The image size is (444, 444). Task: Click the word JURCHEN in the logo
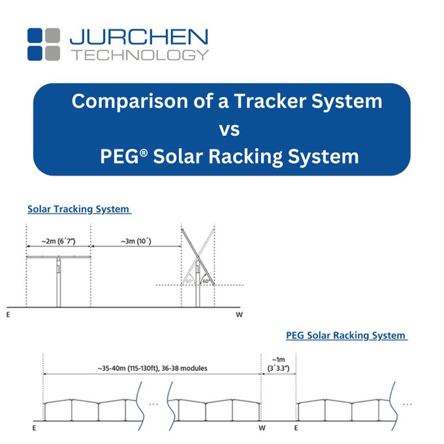coord(138,37)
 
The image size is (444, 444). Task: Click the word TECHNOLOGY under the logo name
coord(140,55)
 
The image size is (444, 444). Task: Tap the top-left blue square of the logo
coord(35,35)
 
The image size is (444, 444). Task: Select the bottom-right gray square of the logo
coord(52,54)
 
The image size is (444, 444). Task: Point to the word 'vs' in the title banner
coord(229,130)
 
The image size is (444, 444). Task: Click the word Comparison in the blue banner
coord(130,101)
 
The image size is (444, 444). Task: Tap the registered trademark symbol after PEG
coord(144,153)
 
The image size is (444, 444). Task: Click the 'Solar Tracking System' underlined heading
coord(79,209)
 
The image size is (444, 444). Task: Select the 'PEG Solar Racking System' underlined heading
coord(347,336)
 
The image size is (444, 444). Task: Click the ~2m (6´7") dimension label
coord(58,241)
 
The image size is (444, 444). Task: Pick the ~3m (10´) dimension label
coord(136,241)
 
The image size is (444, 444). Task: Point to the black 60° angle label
coord(206,281)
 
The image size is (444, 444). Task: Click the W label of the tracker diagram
coord(239,315)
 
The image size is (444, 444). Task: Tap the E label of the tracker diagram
coord(8,315)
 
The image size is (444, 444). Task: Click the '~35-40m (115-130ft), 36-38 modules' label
coord(152,368)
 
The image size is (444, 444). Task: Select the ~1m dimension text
coord(278,360)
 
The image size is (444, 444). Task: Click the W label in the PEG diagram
coord(262,428)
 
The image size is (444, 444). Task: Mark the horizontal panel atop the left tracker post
coord(58,257)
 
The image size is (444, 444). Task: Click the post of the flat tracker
coord(58,283)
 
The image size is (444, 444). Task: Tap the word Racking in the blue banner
coord(245,157)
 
